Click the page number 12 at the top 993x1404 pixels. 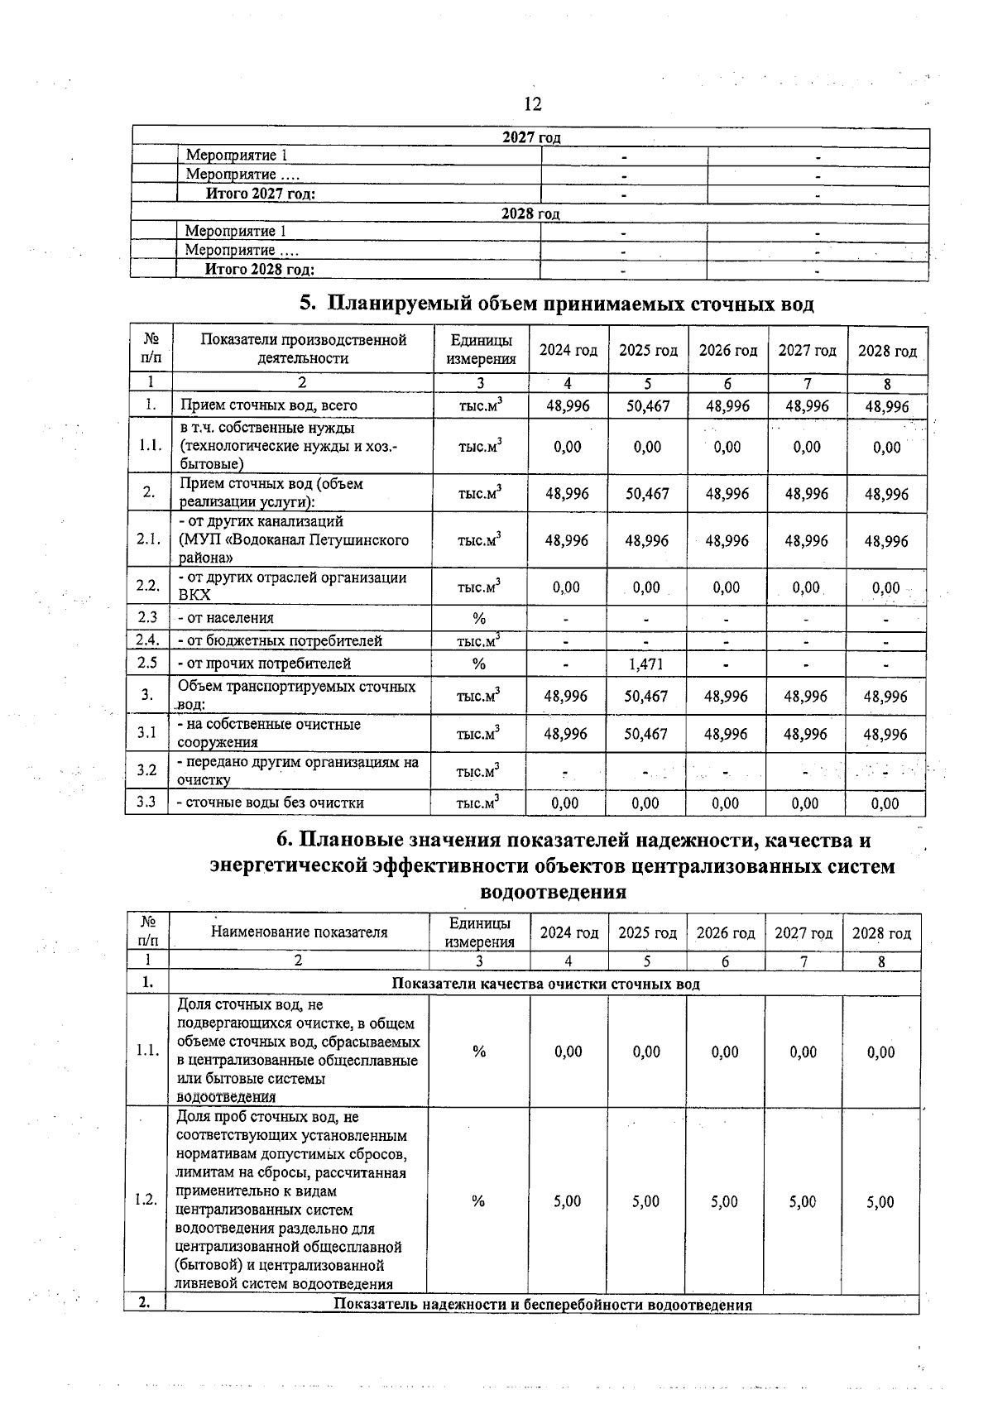[532, 103]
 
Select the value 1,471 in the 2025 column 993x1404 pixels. [646, 664]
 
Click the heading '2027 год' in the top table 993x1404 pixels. [531, 137]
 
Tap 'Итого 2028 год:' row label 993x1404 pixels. [260, 270]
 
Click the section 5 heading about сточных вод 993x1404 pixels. [556, 304]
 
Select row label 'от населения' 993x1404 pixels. [225, 618]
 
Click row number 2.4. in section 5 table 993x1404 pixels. [147, 640]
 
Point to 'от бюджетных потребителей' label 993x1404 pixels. [279, 640]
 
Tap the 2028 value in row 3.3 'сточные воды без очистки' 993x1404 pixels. [885, 803]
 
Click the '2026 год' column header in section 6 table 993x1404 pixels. [726, 933]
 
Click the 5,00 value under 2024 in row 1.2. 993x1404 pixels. [568, 1201]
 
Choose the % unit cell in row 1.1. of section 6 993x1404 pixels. [478, 1052]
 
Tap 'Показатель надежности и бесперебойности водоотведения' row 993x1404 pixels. [542, 1305]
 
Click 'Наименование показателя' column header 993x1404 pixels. [299, 932]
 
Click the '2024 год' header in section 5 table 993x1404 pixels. [568, 351]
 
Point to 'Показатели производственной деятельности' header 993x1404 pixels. [303, 349]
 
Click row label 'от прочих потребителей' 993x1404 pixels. [263, 664]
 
